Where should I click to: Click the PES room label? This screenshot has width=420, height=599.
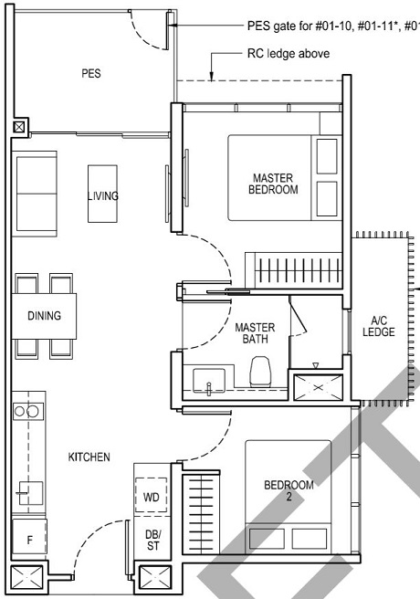90,73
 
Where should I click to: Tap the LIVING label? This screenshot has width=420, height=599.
103,195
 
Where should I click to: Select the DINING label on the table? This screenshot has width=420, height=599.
44,316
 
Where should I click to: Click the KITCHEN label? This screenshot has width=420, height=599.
89,456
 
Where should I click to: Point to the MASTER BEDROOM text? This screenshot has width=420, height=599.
274,183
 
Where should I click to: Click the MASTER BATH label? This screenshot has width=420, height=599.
255,333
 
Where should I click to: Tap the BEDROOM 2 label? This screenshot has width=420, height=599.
289,491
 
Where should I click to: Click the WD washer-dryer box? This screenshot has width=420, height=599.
152,497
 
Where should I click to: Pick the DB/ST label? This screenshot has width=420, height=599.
152,540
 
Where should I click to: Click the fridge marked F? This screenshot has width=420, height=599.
29,540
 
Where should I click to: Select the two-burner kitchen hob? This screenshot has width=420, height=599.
27,411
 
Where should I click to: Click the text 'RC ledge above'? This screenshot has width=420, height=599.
288,54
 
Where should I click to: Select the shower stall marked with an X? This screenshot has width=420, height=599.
316,386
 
